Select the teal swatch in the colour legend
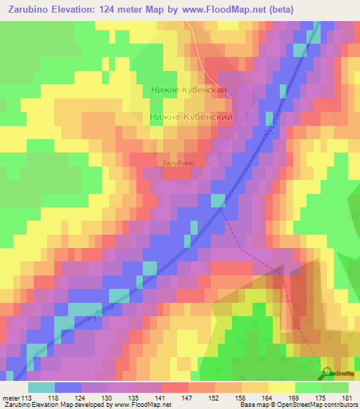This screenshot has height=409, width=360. [41, 387]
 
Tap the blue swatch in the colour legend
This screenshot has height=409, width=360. [67, 387]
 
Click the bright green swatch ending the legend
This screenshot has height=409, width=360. [335, 387]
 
